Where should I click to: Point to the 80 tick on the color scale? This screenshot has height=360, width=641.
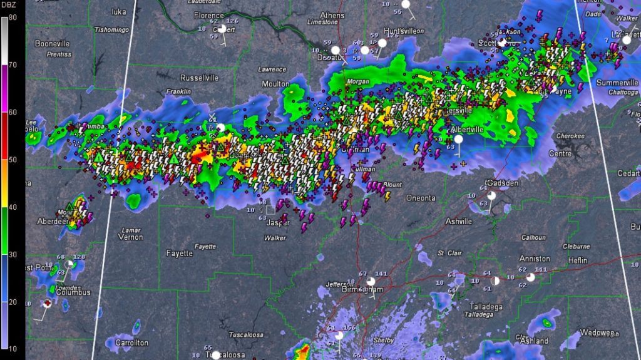[x=13, y=18]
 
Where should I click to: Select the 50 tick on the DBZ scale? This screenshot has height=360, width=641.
[x=13, y=160]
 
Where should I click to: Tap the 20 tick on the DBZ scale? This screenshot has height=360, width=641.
[x=13, y=301]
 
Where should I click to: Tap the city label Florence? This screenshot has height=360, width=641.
[x=209, y=15]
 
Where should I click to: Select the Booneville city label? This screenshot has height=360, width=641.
[x=52, y=44]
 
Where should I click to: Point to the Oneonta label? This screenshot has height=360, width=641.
[x=421, y=198]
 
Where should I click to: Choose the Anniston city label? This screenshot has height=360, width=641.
[x=535, y=259]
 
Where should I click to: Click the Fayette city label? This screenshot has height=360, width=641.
[x=180, y=254]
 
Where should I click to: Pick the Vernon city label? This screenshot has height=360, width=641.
[x=130, y=237]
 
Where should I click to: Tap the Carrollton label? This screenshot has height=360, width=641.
[x=131, y=343]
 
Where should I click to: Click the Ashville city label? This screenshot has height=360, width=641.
[x=459, y=222]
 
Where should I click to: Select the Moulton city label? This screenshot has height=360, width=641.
[x=275, y=84]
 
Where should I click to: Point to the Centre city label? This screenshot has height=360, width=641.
[x=560, y=153]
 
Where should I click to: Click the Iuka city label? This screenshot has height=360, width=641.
[x=118, y=11]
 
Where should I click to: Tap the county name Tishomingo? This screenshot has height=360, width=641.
[x=111, y=29]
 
